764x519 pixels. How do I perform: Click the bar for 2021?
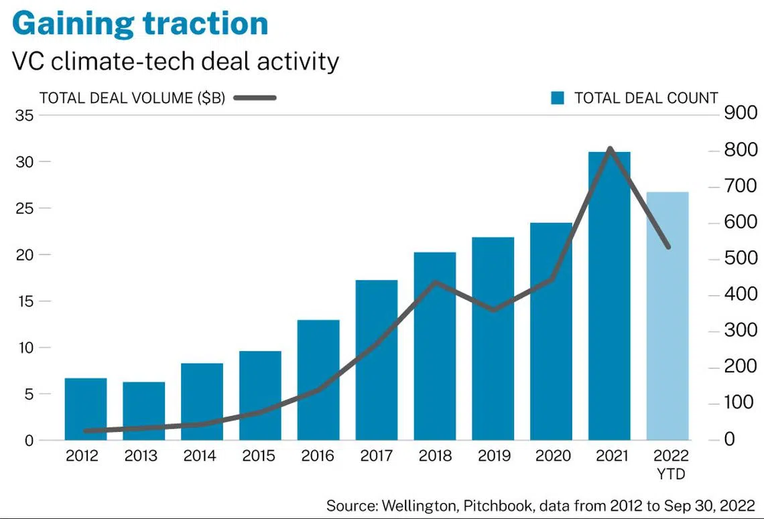point(609,295)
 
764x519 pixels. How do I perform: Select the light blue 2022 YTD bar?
point(667,315)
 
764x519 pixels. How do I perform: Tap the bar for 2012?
point(86,409)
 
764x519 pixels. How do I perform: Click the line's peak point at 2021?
point(609,148)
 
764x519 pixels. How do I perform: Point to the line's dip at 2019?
point(494,310)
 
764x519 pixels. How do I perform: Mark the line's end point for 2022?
point(667,247)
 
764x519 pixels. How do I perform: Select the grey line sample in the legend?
point(255,98)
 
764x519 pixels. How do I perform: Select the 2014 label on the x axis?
point(200,456)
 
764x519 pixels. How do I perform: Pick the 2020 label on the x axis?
point(553,456)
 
